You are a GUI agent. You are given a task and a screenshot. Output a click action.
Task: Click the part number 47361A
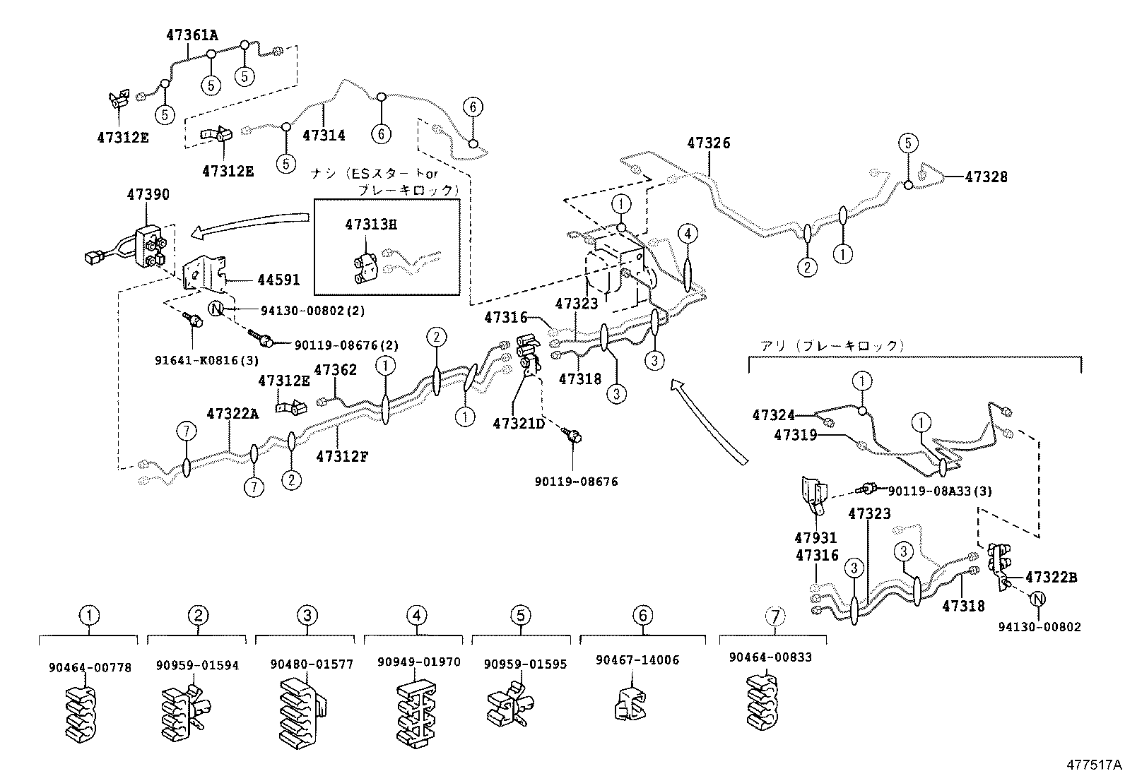pos(192,34)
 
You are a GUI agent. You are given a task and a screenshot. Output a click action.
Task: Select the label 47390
pos(148,194)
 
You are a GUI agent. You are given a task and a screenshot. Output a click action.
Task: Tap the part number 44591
pos(278,280)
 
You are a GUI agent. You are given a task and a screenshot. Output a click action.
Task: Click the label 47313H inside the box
pos(371,225)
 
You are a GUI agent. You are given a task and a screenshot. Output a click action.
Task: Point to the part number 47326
pos(709,143)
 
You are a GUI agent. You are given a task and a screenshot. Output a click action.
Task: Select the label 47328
pos(986,177)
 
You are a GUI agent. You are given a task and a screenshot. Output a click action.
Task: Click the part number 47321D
pos(520,424)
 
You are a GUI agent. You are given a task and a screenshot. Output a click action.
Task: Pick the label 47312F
pos(342,456)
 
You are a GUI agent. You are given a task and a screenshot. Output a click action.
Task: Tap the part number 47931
pos(817,538)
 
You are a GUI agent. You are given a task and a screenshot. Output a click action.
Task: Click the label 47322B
pos(1052,577)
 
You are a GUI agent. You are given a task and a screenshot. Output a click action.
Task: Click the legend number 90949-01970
pos(419,662)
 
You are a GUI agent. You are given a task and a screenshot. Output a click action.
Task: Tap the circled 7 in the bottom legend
pos(774,616)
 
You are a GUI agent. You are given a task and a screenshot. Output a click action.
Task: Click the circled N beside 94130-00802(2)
pos(216,309)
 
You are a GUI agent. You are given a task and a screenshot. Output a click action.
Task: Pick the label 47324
pos(774,416)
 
